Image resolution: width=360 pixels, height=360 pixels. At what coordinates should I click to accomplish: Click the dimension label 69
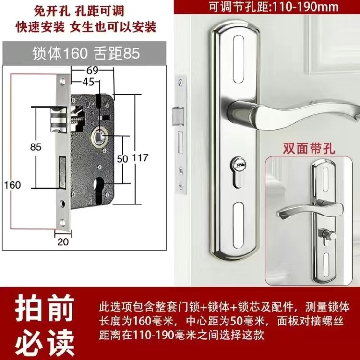point(93,70)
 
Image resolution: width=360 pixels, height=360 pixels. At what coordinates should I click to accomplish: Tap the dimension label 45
point(88,82)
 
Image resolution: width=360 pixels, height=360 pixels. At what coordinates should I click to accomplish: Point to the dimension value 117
point(140,158)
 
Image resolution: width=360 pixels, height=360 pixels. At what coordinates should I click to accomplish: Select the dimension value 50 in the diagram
point(122,159)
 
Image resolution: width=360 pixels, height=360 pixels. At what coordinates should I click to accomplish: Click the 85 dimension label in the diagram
point(36,147)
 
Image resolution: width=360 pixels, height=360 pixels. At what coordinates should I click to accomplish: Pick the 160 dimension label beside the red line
point(12,185)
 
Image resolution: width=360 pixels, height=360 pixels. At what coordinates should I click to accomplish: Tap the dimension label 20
point(63,242)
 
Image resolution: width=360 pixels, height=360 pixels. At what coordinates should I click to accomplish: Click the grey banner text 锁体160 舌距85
point(86,53)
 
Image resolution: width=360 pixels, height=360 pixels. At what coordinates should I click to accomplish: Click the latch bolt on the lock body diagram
point(59,120)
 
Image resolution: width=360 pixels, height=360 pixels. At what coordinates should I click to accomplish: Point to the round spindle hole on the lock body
point(99,137)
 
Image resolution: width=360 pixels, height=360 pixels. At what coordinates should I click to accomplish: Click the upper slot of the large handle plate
point(238,59)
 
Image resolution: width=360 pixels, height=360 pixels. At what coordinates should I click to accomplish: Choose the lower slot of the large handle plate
point(238,226)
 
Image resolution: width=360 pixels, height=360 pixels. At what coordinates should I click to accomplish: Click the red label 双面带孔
point(308,148)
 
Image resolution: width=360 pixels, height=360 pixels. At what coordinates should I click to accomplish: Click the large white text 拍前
point(45,308)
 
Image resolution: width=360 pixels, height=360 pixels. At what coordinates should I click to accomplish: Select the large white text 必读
point(45,342)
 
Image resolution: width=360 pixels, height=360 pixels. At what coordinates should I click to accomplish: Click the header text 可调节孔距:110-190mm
point(274,7)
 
